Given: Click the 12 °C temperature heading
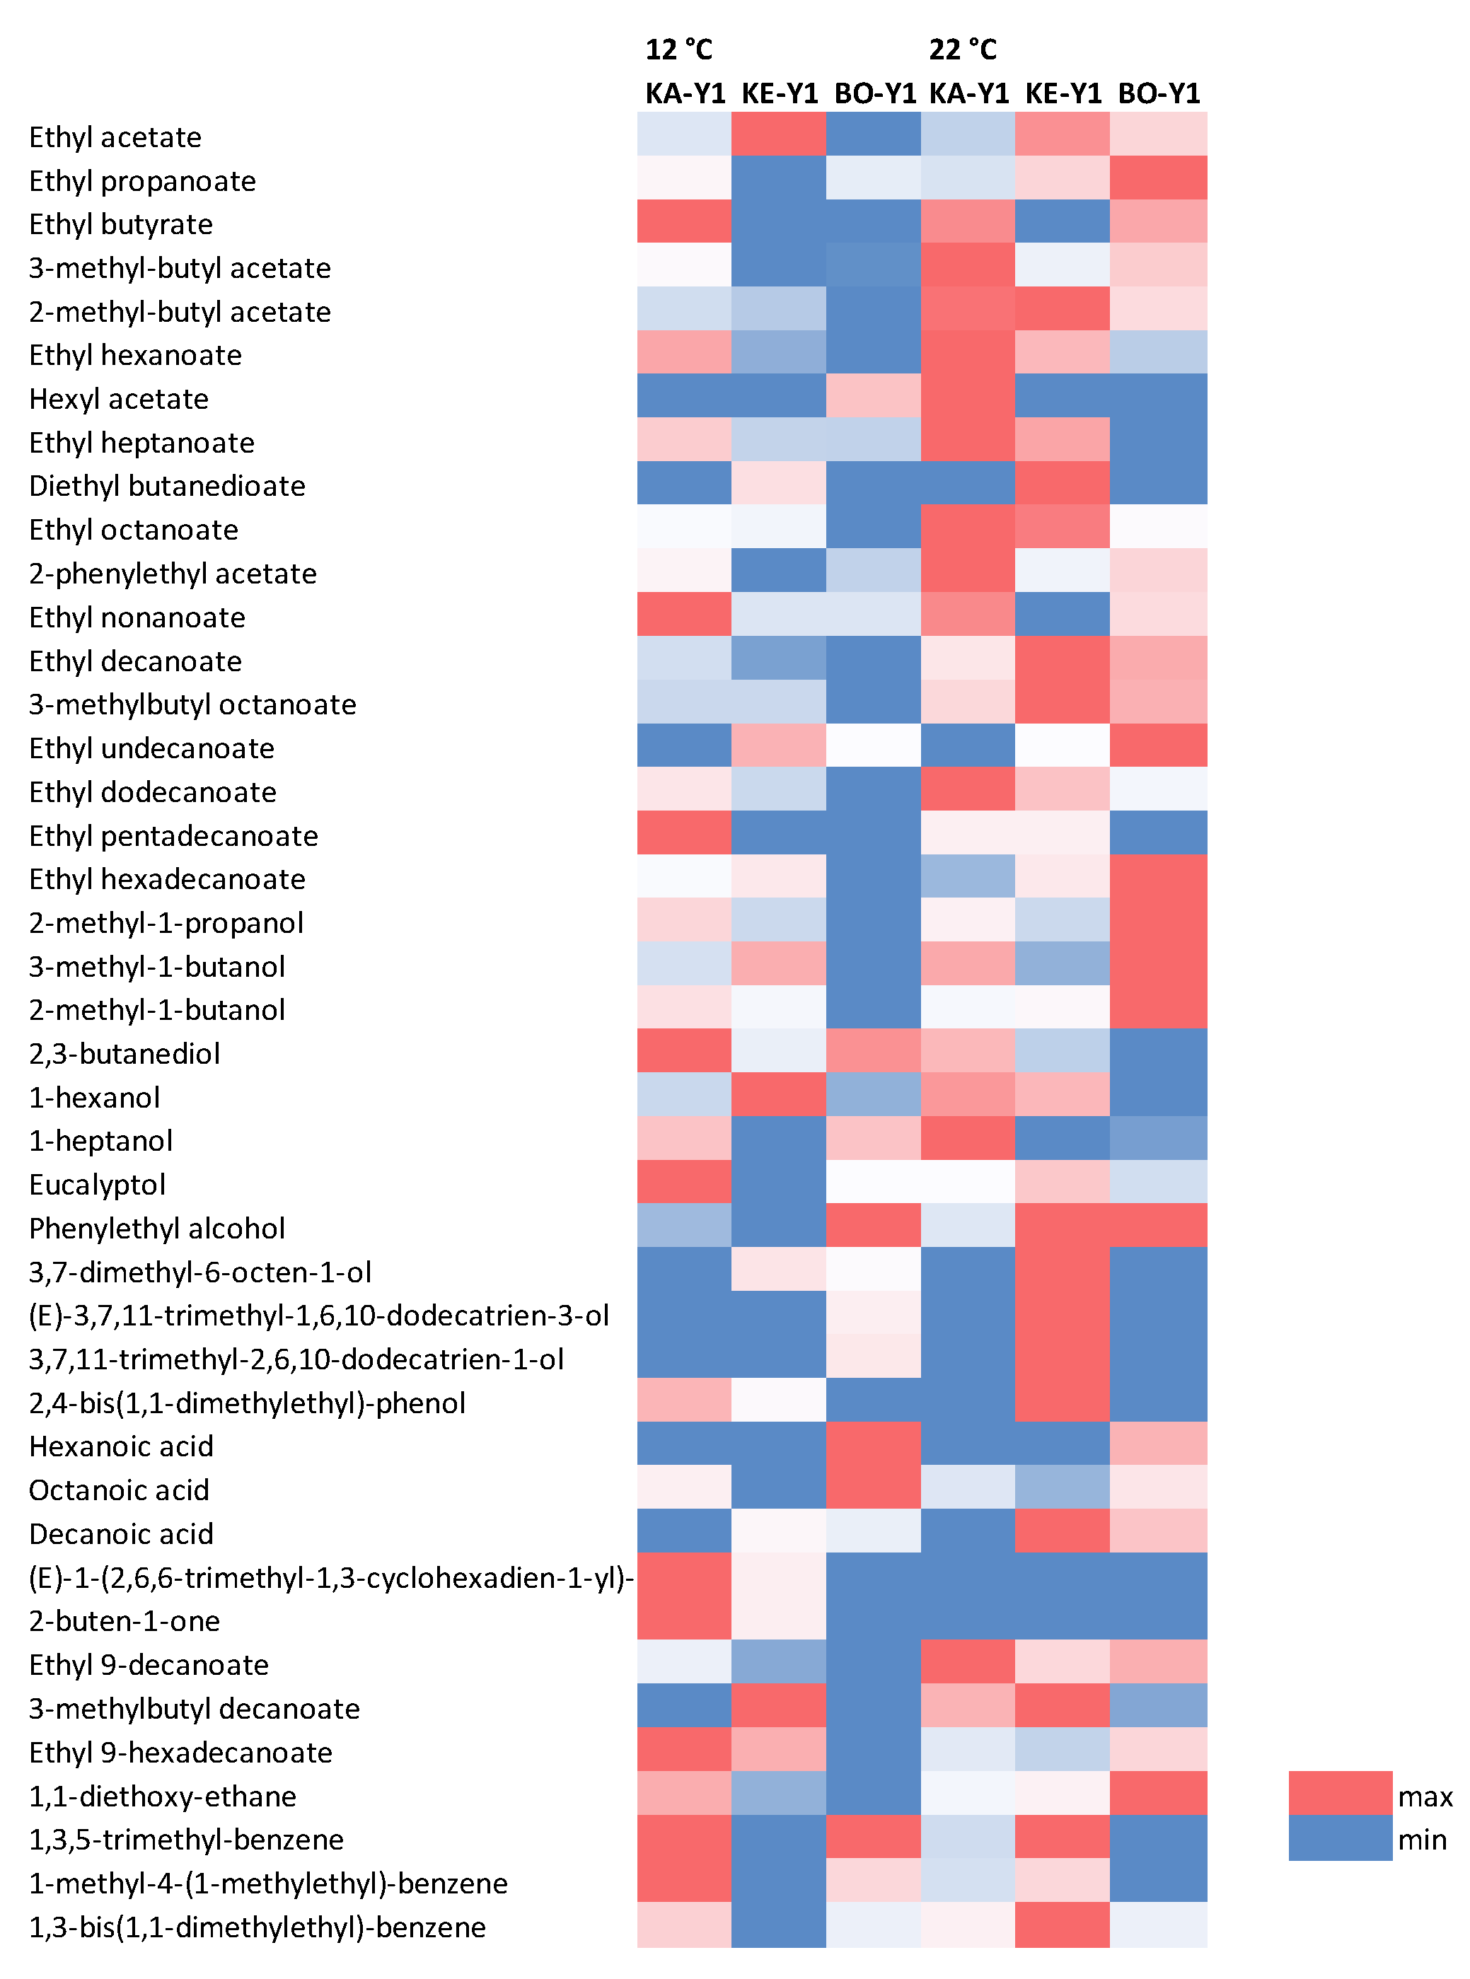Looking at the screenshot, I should (679, 50).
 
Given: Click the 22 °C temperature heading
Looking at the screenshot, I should (963, 50).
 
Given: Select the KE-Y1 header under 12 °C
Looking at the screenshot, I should (780, 93).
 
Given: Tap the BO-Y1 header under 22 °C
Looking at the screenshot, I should (1159, 93).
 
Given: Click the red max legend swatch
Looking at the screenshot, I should (1339, 1793).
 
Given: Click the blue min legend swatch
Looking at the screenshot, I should (1339, 1838).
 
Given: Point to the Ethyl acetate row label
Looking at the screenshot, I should (116, 138).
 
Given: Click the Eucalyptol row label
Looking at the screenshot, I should (98, 1185).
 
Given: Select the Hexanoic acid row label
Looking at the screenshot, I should (121, 1446).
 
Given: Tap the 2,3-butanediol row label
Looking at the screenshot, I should (125, 1054).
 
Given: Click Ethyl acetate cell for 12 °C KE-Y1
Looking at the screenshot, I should (779, 134).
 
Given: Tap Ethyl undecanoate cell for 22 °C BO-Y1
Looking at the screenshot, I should (1159, 745).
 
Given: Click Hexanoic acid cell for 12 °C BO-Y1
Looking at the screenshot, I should (873, 1443).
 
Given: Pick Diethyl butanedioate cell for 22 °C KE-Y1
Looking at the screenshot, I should (1063, 483).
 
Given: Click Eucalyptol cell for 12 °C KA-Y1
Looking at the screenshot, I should (683, 1181).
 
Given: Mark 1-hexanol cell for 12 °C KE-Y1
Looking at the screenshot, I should (779, 1094).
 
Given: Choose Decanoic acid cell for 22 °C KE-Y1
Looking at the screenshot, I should (1063, 1530).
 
